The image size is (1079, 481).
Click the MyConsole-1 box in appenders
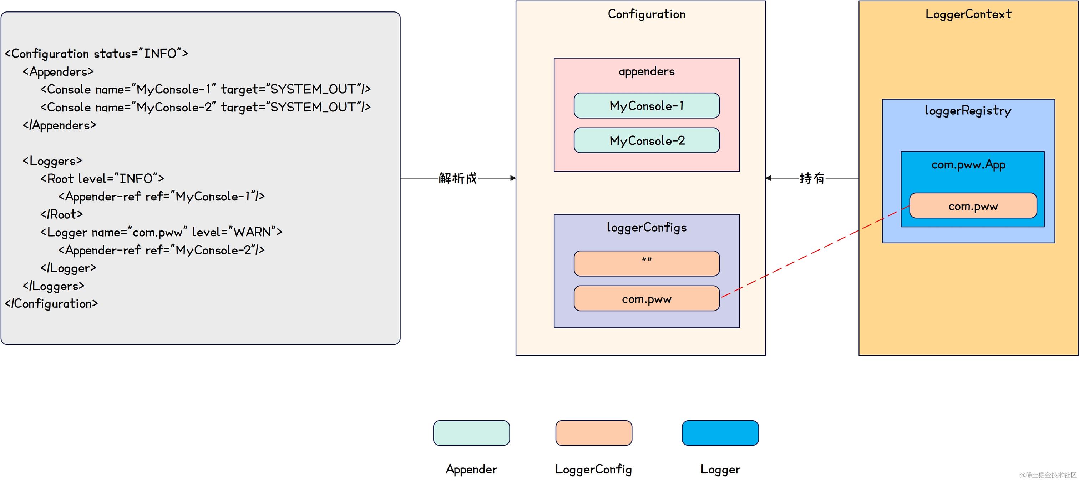coord(646,106)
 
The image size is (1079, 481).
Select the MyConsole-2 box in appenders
coord(646,140)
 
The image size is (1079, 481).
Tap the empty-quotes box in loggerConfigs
coord(646,263)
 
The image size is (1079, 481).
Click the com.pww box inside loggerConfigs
coord(646,299)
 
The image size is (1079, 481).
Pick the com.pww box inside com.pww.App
coord(973,206)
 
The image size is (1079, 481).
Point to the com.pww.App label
coord(968,164)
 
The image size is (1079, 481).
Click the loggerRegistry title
coord(968,111)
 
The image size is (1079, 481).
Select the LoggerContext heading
coord(968,14)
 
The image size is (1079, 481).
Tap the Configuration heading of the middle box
coord(646,14)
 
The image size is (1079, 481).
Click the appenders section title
coord(646,71)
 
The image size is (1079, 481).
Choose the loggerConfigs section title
coord(646,227)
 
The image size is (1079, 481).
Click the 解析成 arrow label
coord(457,178)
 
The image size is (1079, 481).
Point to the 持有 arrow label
coord(811,178)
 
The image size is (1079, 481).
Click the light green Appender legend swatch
coord(471,433)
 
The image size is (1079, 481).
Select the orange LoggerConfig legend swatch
coord(593,433)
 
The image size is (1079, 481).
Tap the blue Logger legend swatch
coord(720,433)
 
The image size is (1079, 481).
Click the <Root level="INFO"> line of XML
coord(102,179)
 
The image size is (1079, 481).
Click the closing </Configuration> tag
coord(51,304)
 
